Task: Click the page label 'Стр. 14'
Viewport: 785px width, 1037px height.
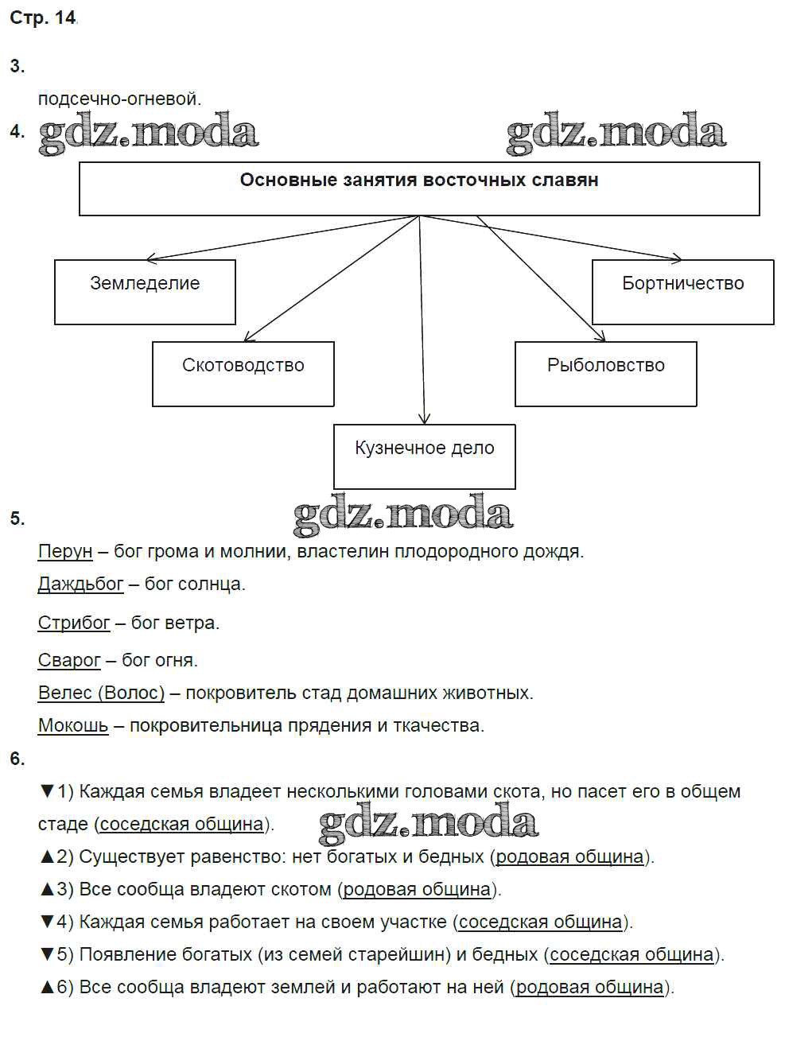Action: point(43,18)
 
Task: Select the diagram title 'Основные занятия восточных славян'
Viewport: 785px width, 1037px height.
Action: point(419,181)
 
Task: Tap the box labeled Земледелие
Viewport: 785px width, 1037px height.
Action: point(145,291)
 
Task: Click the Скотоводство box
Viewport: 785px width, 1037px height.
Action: point(243,374)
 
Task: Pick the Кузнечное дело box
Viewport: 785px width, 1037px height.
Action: point(424,456)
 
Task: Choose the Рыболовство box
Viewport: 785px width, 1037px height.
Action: point(605,374)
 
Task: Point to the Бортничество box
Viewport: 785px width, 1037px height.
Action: point(682,291)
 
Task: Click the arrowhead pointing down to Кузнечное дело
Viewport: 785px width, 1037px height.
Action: point(425,418)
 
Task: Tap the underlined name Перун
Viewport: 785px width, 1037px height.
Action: point(65,551)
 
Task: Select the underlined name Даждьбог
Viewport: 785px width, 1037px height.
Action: point(80,584)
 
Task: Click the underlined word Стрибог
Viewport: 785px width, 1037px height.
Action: point(74,623)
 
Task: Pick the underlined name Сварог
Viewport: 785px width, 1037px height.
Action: point(69,660)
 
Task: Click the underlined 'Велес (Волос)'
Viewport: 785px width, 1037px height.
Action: point(101,693)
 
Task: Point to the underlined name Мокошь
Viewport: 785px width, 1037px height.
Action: point(73,725)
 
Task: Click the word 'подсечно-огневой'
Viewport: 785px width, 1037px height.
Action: point(119,99)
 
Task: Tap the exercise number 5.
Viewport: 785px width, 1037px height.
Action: point(17,518)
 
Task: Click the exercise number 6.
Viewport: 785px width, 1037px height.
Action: point(17,759)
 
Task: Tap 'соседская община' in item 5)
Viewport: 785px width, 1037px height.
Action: point(631,954)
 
